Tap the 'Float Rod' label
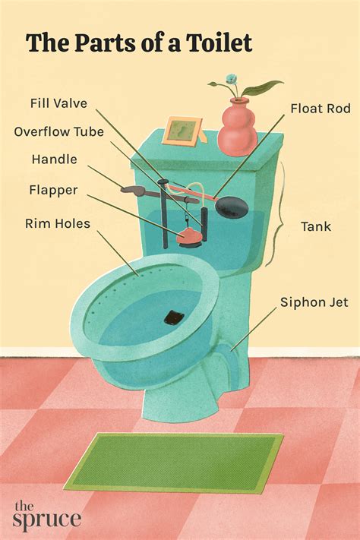pyautogui.click(x=320, y=109)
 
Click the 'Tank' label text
pyautogui.click(x=315, y=226)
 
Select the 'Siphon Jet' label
pyautogui.click(x=314, y=303)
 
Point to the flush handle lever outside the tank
pyautogui.click(x=135, y=190)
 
